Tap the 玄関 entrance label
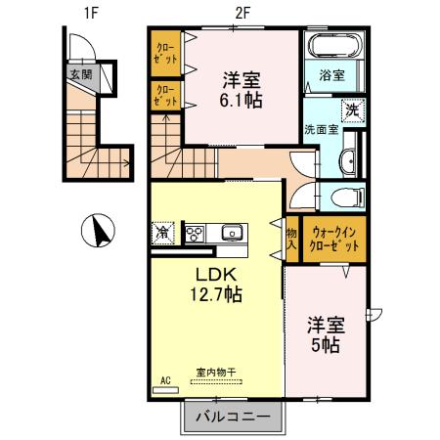[78, 74]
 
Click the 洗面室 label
[320, 128]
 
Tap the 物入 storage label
[291, 240]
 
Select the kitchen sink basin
[231, 233]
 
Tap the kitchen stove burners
[196, 233]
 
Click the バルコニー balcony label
[233, 417]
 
